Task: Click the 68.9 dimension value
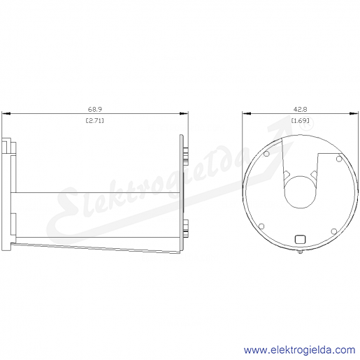95,109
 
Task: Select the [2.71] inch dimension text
95,121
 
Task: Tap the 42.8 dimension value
300,109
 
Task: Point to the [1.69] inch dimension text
301,121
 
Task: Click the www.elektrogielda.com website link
300,350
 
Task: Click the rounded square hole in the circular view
300,239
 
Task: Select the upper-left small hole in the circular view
266,154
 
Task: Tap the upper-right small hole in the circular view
339,159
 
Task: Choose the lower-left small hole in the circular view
261,226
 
